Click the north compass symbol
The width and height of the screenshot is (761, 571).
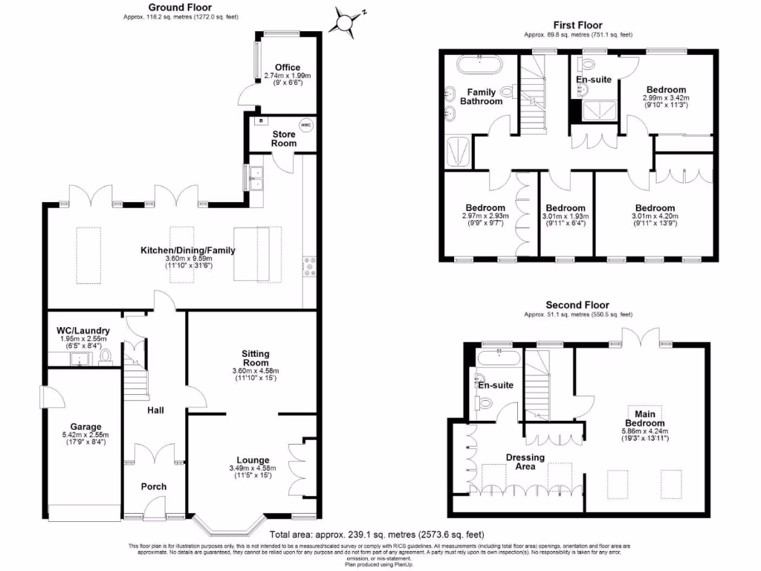coord(346,21)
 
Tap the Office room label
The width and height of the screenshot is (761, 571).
coord(287,68)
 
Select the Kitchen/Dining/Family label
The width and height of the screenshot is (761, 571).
coord(188,251)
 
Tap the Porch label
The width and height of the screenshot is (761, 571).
coord(154,487)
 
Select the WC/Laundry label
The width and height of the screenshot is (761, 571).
coord(83,331)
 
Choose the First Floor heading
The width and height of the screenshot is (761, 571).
coord(578,26)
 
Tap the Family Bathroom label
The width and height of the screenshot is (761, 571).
coord(481,97)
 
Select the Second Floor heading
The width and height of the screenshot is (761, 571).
coord(577,305)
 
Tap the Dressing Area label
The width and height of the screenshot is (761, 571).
coord(525,462)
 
